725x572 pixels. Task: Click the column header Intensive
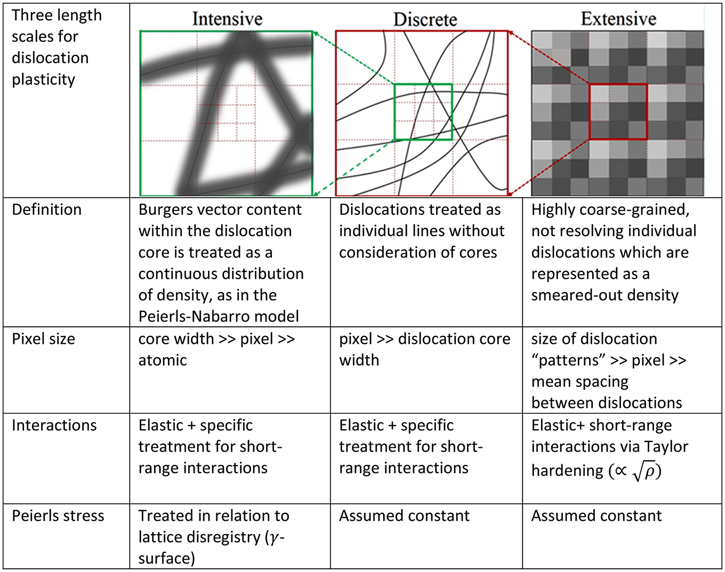(227, 19)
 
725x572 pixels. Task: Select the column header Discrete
(425, 20)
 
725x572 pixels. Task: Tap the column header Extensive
(618, 19)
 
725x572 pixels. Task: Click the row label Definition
(47, 210)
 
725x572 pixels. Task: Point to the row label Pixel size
(44, 339)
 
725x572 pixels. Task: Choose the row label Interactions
(54, 425)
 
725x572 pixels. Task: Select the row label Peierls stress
(58, 516)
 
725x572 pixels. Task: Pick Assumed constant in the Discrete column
(405, 516)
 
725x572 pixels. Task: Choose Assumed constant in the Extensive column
(597, 516)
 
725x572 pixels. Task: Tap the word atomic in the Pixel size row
(163, 360)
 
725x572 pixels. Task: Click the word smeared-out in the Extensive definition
(565, 295)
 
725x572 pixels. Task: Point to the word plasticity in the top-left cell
(44, 79)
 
